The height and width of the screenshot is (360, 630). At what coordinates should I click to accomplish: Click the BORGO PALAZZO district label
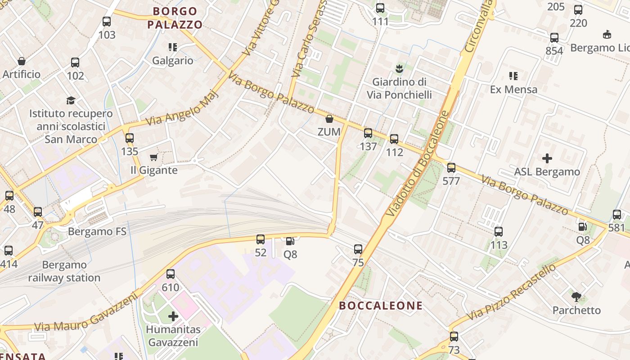click(x=175, y=18)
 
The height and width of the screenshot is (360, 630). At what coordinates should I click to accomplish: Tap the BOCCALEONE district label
click(x=381, y=306)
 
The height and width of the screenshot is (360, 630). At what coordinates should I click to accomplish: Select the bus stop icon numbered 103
click(x=107, y=21)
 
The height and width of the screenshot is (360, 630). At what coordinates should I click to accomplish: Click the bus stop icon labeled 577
click(x=451, y=168)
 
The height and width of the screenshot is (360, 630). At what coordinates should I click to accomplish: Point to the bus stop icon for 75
click(x=358, y=249)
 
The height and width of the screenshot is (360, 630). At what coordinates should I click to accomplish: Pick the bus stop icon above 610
click(x=170, y=274)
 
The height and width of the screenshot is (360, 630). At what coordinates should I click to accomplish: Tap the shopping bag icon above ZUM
click(x=329, y=119)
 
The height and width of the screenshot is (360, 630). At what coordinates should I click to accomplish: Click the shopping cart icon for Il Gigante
click(x=153, y=157)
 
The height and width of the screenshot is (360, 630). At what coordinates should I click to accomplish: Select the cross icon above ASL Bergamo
click(x=547, y=158)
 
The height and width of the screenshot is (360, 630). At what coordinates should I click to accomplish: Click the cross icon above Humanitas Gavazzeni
click(x=173, y=316)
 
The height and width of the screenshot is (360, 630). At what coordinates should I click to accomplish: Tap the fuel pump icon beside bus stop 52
click(x=290, y=241)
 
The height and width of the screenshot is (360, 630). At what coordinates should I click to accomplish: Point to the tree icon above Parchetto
click(x=576, y=297)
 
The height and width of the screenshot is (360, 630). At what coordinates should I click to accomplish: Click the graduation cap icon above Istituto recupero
click(x=71, y=100)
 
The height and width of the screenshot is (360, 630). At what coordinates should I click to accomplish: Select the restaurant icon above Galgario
click(x=172, y=47)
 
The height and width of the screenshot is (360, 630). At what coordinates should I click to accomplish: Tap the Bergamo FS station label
click(x=97, y=232)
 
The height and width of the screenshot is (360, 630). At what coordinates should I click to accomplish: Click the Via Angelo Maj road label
click(x=182, y=109)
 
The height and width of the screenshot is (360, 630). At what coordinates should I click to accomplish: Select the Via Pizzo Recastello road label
click(x=511, y=292)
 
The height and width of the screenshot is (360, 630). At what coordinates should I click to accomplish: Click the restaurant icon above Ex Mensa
click(x=513, y=76)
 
